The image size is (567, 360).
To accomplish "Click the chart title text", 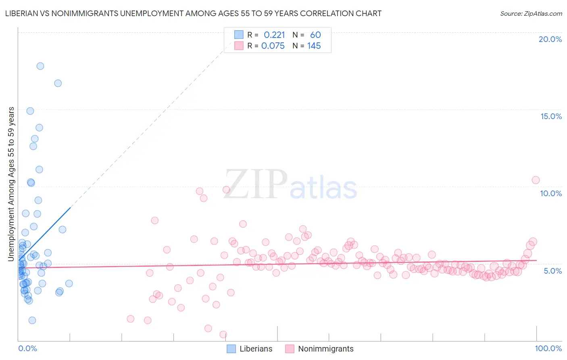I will point(193,14).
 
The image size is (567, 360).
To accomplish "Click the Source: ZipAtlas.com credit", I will point(531,14).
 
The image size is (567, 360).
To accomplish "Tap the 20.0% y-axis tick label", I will point(550,39).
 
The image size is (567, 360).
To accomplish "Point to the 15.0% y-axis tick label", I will point(551,116).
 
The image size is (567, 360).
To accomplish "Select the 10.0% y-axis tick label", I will point(550,193).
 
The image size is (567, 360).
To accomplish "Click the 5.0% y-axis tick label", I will point(552,271).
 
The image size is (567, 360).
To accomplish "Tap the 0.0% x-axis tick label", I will point(27,348).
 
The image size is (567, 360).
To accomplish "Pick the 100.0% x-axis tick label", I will point(548,348).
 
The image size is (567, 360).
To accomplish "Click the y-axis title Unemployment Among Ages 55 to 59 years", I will point(11,184).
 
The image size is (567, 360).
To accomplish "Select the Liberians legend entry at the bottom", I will point(256,349).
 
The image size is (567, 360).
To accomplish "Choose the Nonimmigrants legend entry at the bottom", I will point(325,349).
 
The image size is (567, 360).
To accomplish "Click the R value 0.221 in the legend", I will point(274,35).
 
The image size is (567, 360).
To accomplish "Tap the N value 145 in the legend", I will point(314,46).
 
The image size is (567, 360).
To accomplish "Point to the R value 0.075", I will point(273,46).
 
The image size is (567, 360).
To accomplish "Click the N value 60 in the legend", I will point(315,35).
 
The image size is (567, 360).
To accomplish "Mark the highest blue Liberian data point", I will point(40,66).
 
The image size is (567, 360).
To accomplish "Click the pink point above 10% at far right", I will point(536,180).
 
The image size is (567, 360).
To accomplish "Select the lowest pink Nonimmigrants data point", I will point(223,334).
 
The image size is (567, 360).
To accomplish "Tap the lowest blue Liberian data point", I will point(32,320).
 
